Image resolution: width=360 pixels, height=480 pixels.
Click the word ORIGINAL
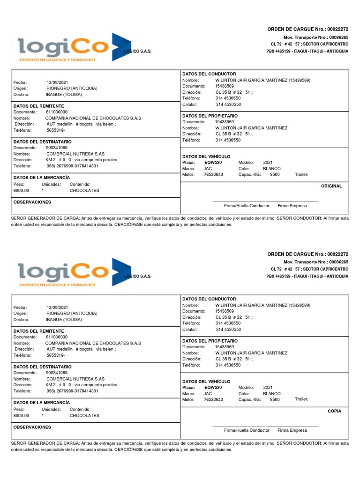click(x=331, y=186)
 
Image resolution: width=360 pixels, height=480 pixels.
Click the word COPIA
click(x=335, y=411)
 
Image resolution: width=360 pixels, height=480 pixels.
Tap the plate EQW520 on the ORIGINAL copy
click(x=213, y=162)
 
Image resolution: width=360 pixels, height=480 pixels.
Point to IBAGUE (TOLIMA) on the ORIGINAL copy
click(x=64, y=94)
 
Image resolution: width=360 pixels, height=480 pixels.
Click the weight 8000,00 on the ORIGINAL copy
click(x=21, y=191)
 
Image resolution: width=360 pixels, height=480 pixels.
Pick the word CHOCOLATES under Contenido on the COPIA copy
click(x=84, y=416)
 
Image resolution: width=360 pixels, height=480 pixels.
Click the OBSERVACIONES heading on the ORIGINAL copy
click(x=32, y=202)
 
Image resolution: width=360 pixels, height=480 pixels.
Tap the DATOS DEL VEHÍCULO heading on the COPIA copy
click(x=206, y=381)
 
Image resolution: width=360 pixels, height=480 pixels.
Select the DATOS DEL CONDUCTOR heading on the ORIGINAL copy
click(x=209, y=74)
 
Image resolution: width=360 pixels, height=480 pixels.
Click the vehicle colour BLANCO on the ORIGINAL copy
click(x=272, y=168)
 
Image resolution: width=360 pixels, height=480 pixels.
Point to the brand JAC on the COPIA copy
click(x=208, y=394)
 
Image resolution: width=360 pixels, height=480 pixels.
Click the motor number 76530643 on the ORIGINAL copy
click(x=213, y=174)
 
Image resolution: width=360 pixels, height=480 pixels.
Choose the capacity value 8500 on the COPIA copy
click(x=275, y=400)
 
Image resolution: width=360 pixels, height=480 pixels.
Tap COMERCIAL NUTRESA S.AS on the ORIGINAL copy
click(x=75, y=154)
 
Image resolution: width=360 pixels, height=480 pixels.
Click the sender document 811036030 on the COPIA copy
click(x=57, y=337)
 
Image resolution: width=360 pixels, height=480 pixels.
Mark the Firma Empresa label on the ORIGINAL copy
click(x=292, y=206)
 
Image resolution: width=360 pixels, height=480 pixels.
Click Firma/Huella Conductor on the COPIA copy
click(x=247, y=430)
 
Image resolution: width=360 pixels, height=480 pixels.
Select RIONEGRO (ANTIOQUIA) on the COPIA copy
click(x=72, y=313)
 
